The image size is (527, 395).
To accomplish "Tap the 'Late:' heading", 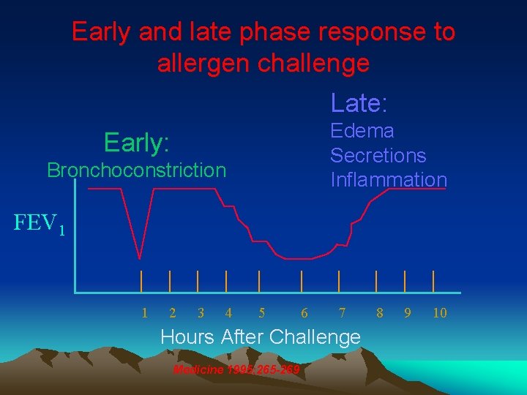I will point(359,103).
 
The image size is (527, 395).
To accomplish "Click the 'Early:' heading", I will point(137,142).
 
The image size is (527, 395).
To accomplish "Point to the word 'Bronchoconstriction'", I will point(137,170).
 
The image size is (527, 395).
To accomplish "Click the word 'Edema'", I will point(362,131).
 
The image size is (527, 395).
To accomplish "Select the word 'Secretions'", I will point(378,155).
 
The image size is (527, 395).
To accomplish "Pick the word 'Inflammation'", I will point(388,179).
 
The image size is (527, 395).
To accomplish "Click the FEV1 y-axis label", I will point(40,222).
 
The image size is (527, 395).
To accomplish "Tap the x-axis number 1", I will point(144,313).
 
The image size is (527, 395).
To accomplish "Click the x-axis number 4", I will point(228,313).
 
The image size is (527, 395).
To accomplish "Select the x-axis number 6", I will point(304,313).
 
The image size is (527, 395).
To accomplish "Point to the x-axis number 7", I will point(342,313).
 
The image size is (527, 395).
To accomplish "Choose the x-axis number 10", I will point(439,313).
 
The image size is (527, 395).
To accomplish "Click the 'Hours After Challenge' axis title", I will point(260,337).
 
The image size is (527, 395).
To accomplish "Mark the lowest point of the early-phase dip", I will point(140,257).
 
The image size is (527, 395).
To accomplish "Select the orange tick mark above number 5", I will point(259,281).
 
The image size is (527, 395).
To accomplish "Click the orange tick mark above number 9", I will point(405,281).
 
